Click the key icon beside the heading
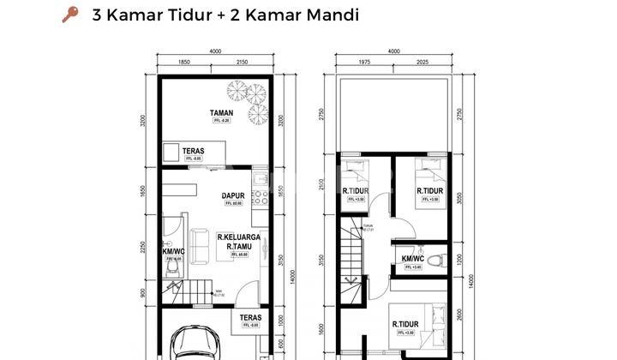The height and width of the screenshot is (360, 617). click(x=70, y=15)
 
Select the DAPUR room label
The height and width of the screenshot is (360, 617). click(x=234, y=195)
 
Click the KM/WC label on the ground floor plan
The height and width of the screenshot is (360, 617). click(x=173, y=250)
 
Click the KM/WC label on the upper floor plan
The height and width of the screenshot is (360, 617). click(x=412, y=258)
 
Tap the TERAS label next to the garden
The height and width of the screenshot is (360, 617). click(x=193, y=150)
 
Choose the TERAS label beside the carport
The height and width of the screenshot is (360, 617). click(x=250, y=317)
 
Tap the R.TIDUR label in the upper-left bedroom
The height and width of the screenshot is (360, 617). click(x=356, y=190)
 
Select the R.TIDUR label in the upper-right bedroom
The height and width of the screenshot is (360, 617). click(x=429, y=190)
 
